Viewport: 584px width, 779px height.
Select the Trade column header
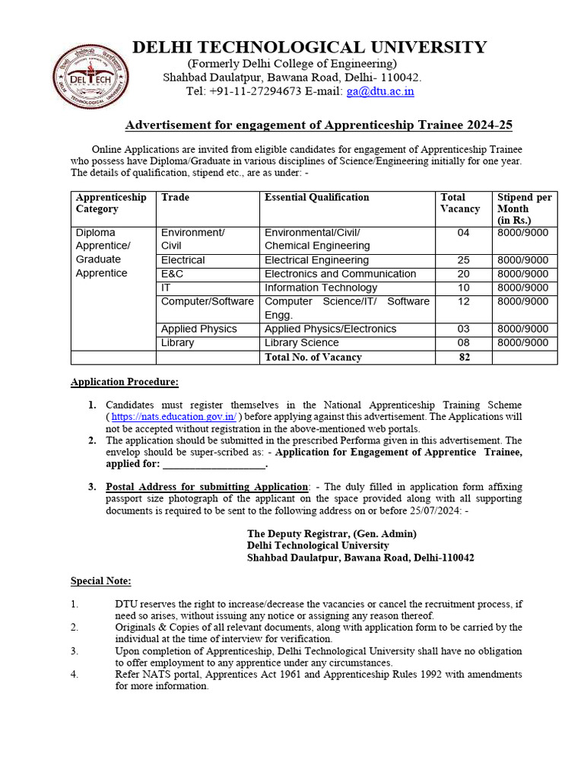coord(175,197)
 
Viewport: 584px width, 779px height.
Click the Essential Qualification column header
coord(316,197)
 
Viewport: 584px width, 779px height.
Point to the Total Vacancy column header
coord(460,203)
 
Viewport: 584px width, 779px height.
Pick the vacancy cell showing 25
coord(463,260)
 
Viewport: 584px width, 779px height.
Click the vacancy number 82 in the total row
coord(463,357)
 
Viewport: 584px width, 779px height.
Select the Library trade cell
coord(177,343)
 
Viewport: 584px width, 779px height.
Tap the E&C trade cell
coord(172,274)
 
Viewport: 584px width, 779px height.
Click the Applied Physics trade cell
coord(198,329)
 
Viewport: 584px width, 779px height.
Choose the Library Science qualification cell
coord(302,343)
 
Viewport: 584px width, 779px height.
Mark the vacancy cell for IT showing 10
coord(463,288)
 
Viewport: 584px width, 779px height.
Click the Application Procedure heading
coord(125,382)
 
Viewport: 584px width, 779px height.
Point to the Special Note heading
coord(101,581)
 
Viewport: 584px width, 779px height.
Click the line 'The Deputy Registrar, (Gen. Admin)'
coord(332,534)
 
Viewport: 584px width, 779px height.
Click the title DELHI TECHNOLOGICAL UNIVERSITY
coord(309,48)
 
